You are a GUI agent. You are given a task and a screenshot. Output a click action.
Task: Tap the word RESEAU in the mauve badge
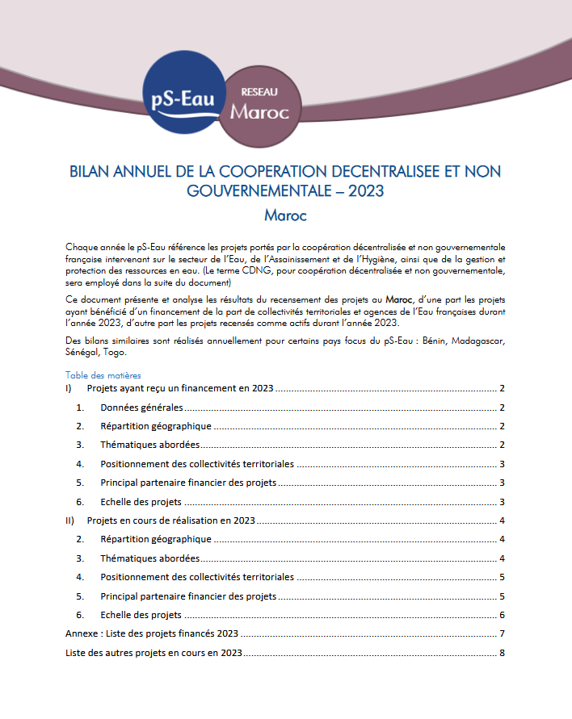pos(259,93)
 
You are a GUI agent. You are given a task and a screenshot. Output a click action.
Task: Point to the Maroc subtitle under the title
pos(285,215)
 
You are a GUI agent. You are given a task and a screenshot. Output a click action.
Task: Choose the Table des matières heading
pos(103,375)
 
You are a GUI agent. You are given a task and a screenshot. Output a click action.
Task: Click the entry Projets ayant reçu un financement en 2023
pos(181,388)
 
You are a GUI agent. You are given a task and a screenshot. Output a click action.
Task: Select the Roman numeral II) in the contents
pos(70,520)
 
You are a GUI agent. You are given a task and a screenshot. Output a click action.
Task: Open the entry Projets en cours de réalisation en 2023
pos(171,520)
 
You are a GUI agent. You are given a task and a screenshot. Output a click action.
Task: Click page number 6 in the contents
pos(502,615)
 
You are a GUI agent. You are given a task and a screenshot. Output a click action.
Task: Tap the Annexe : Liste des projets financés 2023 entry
pos(151,633)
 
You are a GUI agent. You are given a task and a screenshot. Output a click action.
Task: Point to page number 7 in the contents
pos(502,633)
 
